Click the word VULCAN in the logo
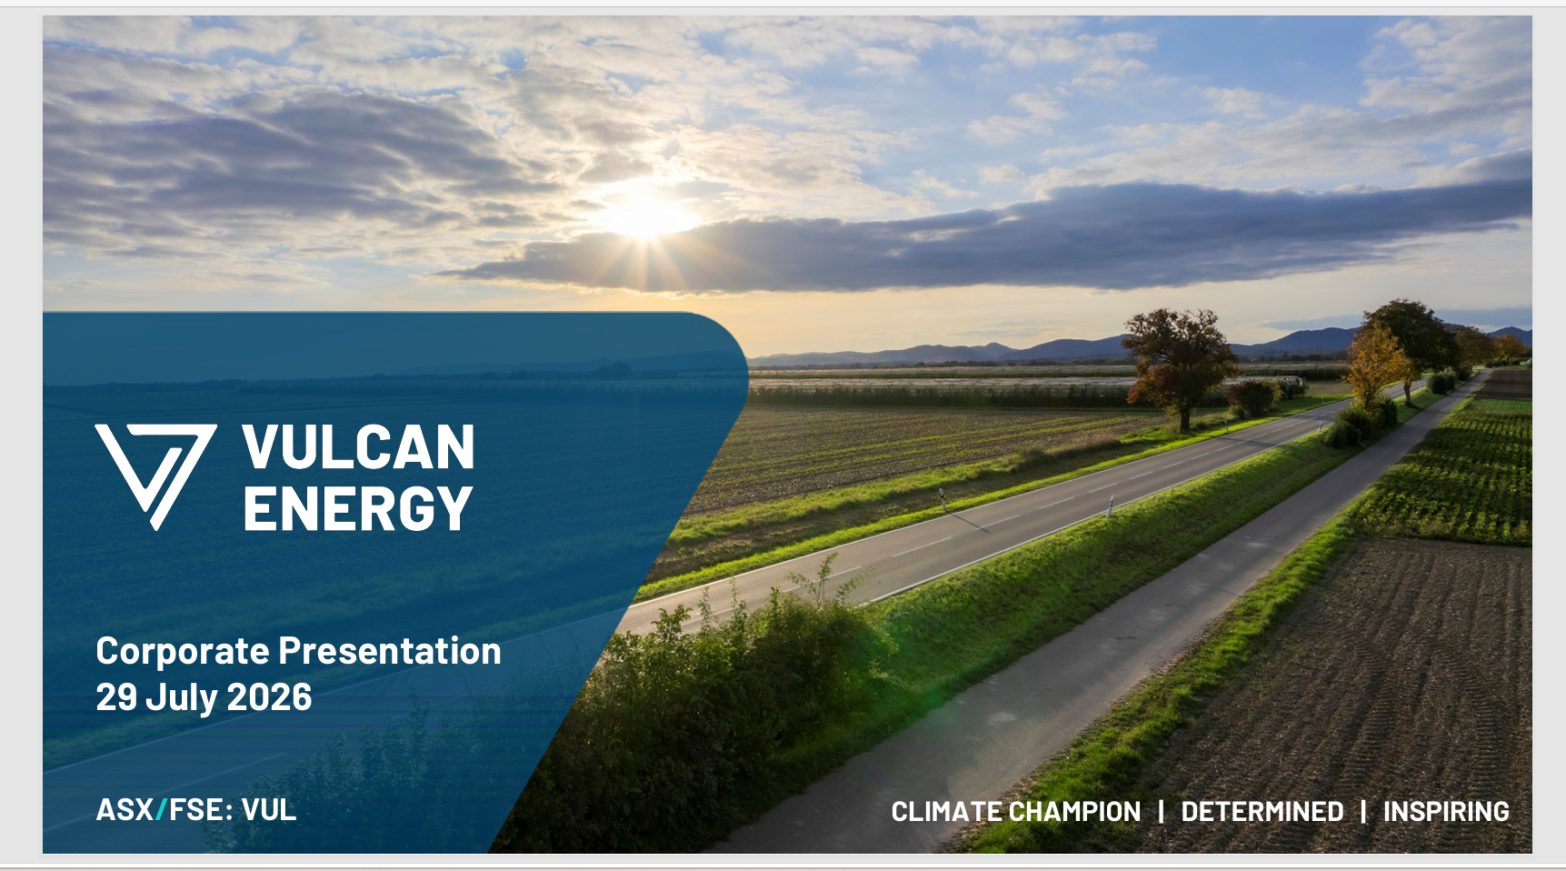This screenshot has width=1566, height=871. point(358,447)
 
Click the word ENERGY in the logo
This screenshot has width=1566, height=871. point(358,507)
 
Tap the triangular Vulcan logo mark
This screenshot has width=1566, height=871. point(156,476)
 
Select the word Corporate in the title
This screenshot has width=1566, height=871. point(183,652)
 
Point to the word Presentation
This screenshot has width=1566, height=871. point(390,651)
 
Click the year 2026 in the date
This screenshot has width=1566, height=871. point(269,697)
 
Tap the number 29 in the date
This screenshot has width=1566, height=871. point(116,697)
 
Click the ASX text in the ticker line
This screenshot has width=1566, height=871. point(125,810)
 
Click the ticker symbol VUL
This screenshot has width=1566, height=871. point(269,810)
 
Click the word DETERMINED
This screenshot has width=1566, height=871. point(1262,812)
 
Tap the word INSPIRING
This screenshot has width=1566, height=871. point(1446,812)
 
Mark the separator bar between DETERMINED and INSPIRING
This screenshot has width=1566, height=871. point(1363,812)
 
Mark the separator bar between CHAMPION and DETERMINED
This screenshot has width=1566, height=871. point(1161,812)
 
